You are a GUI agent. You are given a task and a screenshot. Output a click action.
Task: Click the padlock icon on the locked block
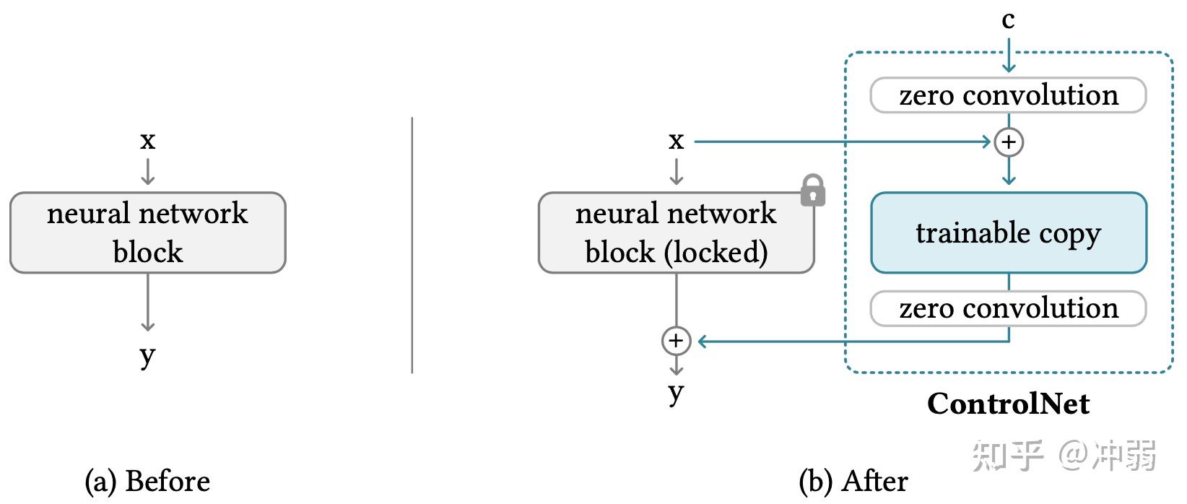(x=813, y=190)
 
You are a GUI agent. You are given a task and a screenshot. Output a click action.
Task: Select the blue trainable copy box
(x=1009, y=233)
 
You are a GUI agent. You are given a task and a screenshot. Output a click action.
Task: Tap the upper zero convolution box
(x=1009, y=95)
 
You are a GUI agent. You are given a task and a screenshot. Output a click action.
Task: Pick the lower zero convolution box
(x=1009, y=308)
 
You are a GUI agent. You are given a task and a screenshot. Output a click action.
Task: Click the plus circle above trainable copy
(x=1009, y=142)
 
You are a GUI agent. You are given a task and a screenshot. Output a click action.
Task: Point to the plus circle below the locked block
(x=676, y=341)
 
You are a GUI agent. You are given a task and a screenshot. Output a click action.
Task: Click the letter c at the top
(x=1008, y=20)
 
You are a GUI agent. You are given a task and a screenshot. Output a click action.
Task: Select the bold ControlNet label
(x=1008, y=404)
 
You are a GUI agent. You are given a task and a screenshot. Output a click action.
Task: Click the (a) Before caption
(x=147, y=481)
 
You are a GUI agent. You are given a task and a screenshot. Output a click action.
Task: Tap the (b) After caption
(x=853, y=481)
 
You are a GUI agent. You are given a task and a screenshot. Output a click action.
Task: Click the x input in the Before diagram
(x=148, y=141)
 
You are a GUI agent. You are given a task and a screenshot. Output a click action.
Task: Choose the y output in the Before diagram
(x=148, y=357)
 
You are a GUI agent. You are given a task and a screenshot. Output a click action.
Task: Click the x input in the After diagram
(x=676, y=141)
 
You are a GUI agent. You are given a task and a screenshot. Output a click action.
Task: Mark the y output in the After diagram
(x=676, y=394)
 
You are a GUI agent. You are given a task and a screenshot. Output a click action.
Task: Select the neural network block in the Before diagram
(x=148, y=233)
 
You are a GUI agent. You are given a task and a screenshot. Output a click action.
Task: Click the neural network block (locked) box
(x=676, y=233)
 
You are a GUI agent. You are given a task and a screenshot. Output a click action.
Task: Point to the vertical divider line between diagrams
(x=412, y=246)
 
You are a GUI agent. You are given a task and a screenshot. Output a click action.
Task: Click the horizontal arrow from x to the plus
(x=843, y=142)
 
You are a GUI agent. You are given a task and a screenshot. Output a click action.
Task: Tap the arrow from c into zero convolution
(x=1009, y=55)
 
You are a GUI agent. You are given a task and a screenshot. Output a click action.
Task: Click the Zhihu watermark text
(x=1064, y=455)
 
